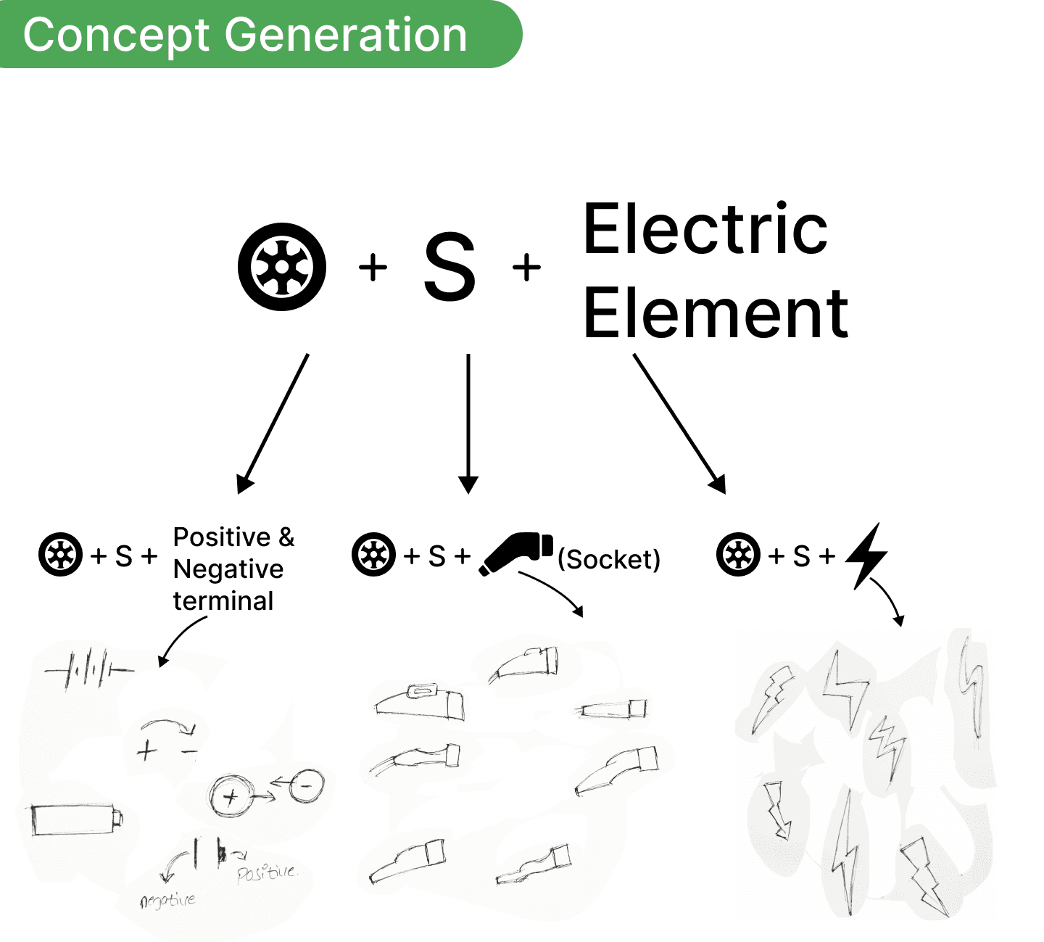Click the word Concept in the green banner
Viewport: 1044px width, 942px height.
point(116,36)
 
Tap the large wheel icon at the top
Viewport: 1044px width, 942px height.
point(282,267)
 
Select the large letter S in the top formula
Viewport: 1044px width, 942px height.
point(449,267)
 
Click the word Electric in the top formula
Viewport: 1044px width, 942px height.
point(705,228)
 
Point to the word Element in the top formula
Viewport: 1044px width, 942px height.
point(716,313)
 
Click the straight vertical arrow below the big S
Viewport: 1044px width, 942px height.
point(468,424)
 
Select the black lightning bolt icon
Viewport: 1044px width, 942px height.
point(866,556)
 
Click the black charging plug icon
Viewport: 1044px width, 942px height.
point(515,553)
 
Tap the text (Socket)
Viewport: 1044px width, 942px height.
point(608,559)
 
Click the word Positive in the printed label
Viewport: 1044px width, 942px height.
point(222,537)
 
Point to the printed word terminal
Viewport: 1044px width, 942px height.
point(223,601)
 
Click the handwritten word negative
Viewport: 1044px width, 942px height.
point(167,901)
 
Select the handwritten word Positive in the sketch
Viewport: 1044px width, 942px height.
point(268,872)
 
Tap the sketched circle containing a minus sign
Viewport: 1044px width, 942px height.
point(307,786)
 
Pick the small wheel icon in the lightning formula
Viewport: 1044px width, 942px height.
point(738,555)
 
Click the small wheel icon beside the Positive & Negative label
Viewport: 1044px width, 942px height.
point(60,555)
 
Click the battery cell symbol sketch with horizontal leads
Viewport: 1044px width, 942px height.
point(89,669)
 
